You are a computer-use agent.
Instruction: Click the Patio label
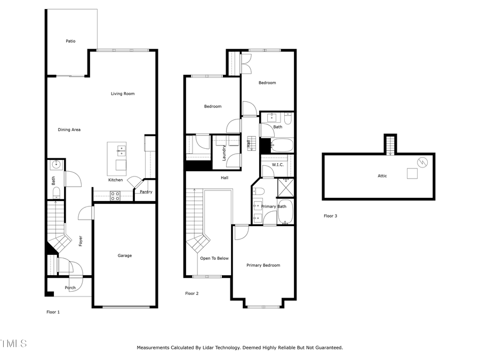pyautogui.click(x=70, y=41)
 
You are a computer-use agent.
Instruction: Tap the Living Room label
pyautogui.click(x=123, y=94)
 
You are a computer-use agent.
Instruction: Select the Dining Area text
pyautogui.click(x=69, y=130)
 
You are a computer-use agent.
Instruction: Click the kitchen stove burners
pyautogui.click(x=115, y=196)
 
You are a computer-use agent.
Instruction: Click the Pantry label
pyautogui.click(x=146, y=192)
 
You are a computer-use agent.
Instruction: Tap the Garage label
pyautogui.click(x=125, y=255)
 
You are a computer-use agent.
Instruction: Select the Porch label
pyautogui.click(x=70, y=288)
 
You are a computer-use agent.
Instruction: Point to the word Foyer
pyautogui.click(x=81, y=241)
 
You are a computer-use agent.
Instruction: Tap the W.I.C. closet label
pyautogui.click(x=278, y=165)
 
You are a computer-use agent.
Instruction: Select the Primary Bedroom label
pyautogui.click(x=263, y=265)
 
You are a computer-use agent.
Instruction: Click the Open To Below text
pyautogui.click(x=214, y=258)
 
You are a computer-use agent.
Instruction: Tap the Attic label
pyautogui.click(x=382, y=176)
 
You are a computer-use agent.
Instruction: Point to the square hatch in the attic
pyautogui.click(x=411, y=173)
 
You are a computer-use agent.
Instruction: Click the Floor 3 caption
pyautogui.click(x=331, y=216)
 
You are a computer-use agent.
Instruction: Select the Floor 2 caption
pyautogui.click(x=191, y=293)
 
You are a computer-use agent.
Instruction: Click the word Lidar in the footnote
pyautogui.click(x=212, y=348)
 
